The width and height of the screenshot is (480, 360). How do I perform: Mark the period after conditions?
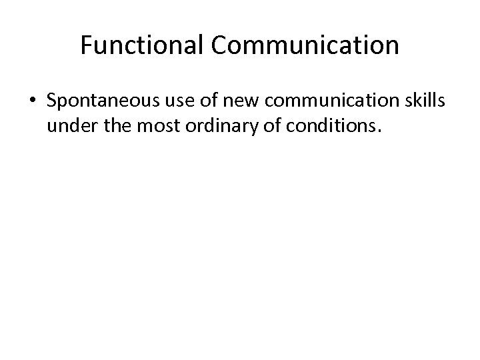pos(379,131)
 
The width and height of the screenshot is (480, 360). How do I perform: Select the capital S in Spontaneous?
pos(52,102)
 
